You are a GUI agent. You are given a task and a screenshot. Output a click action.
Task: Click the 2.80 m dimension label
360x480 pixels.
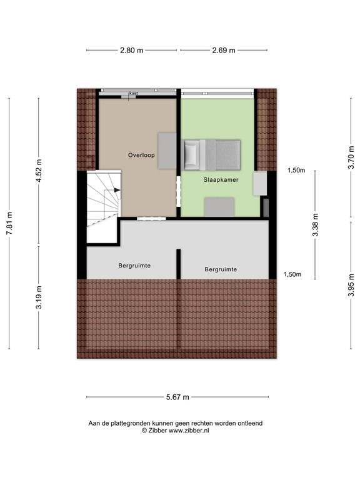click(x=132, y=51)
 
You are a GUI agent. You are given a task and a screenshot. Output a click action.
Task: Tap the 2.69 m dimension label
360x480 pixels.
click(x=223, y=51)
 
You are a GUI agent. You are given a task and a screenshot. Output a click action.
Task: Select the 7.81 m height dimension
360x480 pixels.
click(x=9, y=223)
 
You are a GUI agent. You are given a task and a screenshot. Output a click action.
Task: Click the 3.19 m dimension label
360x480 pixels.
click(x=39, y=297)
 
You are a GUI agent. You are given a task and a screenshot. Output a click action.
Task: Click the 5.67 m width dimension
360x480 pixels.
click(x=177, y=397)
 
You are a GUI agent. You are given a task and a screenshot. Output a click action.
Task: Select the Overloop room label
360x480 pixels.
click(x=141, y=154)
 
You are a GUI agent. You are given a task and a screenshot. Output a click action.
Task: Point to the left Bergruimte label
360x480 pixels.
click(x=134, y=266)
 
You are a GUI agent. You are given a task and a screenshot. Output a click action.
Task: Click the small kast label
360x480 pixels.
click(x=133, y=94)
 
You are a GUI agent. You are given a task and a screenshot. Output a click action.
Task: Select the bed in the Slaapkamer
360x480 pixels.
click(x=212, y=154)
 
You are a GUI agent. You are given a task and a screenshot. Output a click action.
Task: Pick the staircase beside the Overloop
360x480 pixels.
click(x=101, y=206)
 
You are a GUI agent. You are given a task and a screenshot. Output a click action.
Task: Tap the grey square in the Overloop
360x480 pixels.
click(x=166, y=150)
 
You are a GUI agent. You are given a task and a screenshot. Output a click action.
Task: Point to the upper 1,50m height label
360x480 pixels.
click(x=296, y=170)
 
